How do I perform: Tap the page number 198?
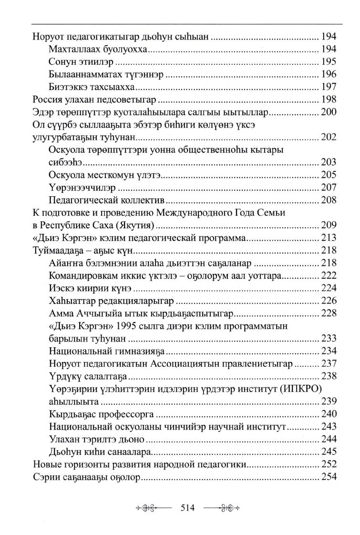[x=329, y=99]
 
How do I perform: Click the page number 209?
[x=329, y=225]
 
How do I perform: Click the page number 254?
[x=329, y=477]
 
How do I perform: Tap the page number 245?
[x=329, y=452]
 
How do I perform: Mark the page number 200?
[x=329, y=112]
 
